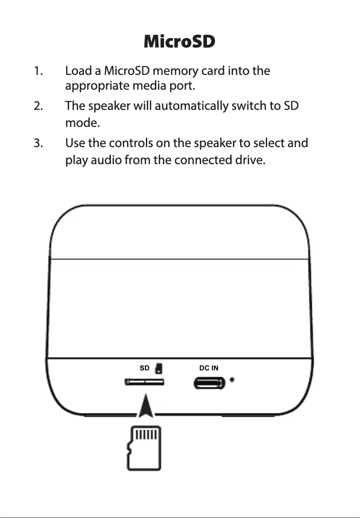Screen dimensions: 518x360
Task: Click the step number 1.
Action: (x=38, y=71)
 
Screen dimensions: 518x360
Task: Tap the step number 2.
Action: (x=38, y=107)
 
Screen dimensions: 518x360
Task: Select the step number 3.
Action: (x=38, y=144)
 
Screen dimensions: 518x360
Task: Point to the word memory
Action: (x=173, y=71)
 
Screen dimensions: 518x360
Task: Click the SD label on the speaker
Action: (x=145, y=368)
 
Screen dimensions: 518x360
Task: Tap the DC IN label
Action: (x=209, y=368)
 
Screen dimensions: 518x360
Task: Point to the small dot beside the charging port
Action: (x=232, y=380)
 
